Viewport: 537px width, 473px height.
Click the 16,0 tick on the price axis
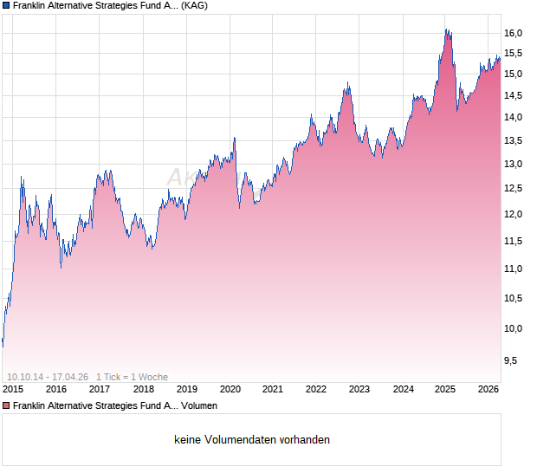pyautogui.click(x=513, y=33)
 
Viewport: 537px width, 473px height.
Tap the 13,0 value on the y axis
pyautogui.click(x=513, y=164)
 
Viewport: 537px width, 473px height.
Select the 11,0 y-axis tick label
pyautogui.click(x=513, y=269)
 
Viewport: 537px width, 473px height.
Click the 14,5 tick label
pyautogui.click(x=513, y=95)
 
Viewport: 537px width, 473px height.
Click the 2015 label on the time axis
pyautogui.click(x=13, y=390)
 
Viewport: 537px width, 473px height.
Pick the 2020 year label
pyautogui.click(x=230, y=390)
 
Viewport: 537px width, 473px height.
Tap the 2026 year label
pyautogui.click(x=488, y=390)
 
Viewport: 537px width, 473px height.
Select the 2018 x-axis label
pyautogui.click(x=143, y=390)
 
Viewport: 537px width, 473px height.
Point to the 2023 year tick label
pyautogui.click(x=359, y=390)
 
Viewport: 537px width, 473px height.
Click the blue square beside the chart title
pyautogui.click(x=6, y=5)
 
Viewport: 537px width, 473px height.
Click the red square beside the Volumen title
pyautogui.click(x=6, y=405)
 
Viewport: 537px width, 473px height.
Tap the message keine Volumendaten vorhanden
pyautogui.click(x=252, y=440)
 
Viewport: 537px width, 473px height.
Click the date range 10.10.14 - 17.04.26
pyautogui.click(x=47, y=377)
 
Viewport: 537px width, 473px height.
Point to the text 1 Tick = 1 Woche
pyautogui.click(x=132, y=377)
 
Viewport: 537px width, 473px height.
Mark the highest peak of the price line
pyautogui.click(x=446, y=30)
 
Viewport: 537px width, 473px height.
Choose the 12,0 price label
pyautogui.click(x=513, y=215)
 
